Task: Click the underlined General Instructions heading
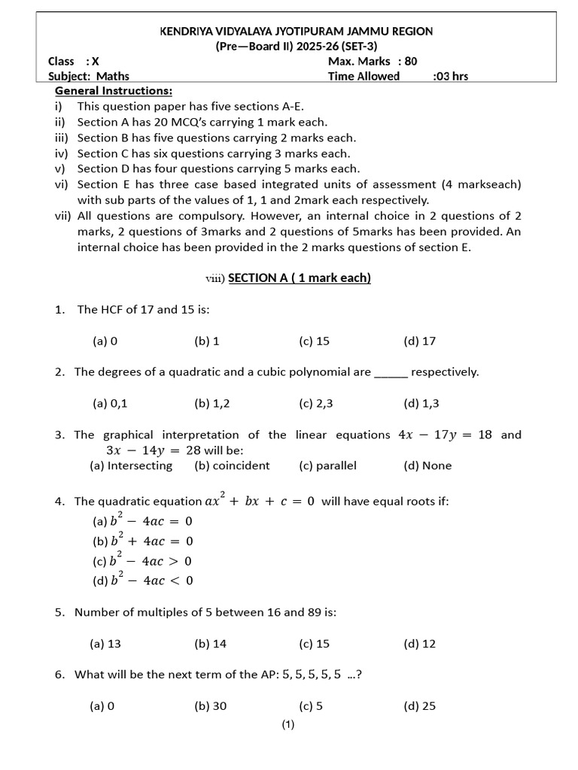tap(114, 91)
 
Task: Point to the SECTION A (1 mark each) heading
tap(299, 278)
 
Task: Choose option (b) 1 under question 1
tap(207, 341)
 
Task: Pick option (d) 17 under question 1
tap(419, 341)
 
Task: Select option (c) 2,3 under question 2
tap(315, 403)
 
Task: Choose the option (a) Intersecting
tap(131, 465)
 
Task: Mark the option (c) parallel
tap(327, 465)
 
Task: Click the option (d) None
tap(427, 465)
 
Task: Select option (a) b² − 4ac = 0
tap(142, 520)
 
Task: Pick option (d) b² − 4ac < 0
tap(142, 580)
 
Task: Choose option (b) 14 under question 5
tap(211, 644)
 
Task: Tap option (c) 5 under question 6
tap(311, 706)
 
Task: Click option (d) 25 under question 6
tap(419, 706)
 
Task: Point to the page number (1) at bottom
tap(288, 725)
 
